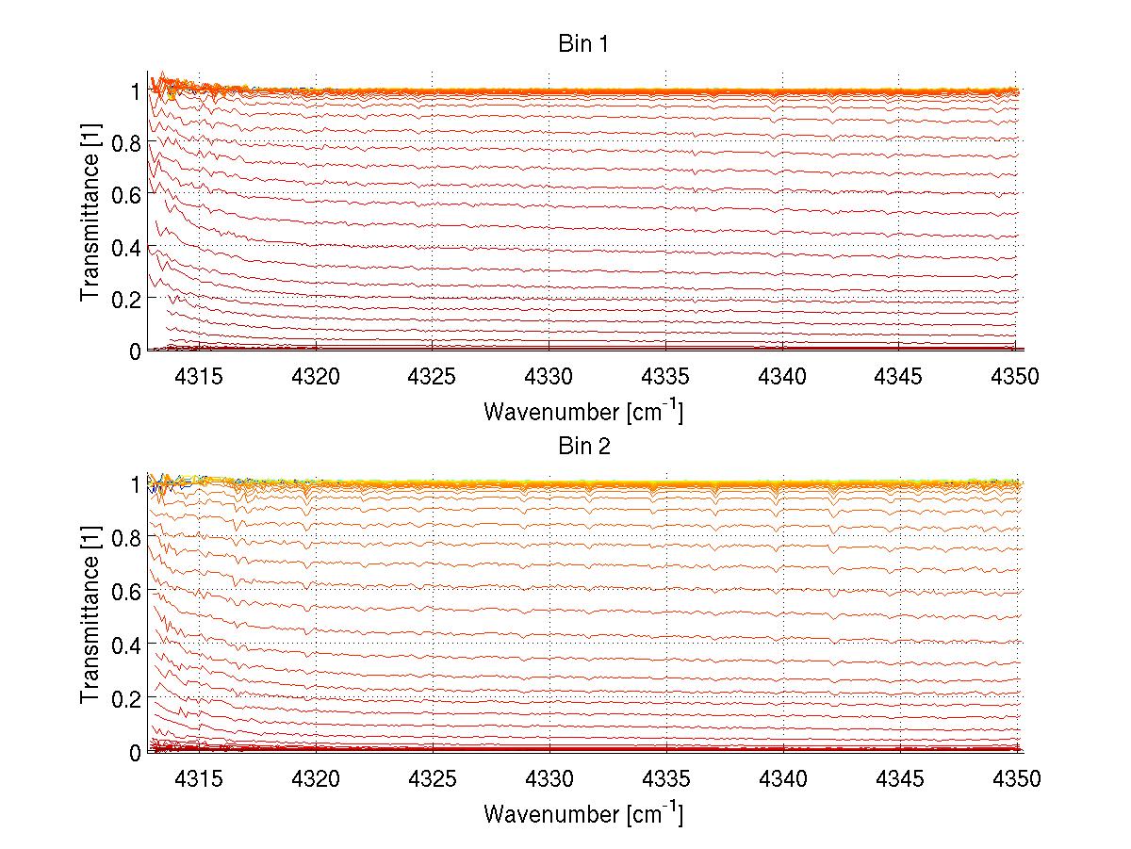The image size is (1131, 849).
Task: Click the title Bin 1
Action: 583,44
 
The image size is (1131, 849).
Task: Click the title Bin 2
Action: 583,446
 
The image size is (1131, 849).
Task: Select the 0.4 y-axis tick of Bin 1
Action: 125,247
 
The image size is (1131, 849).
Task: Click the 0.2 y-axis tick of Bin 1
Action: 125,299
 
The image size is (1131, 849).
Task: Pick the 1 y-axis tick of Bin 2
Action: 135,484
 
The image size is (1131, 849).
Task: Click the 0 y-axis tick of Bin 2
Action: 135,752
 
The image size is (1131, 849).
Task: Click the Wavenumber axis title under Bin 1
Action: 583,411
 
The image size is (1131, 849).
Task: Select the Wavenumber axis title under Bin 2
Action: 583,812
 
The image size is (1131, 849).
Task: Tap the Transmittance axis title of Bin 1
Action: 90,220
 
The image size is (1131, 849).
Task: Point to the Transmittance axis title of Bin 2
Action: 90,622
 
